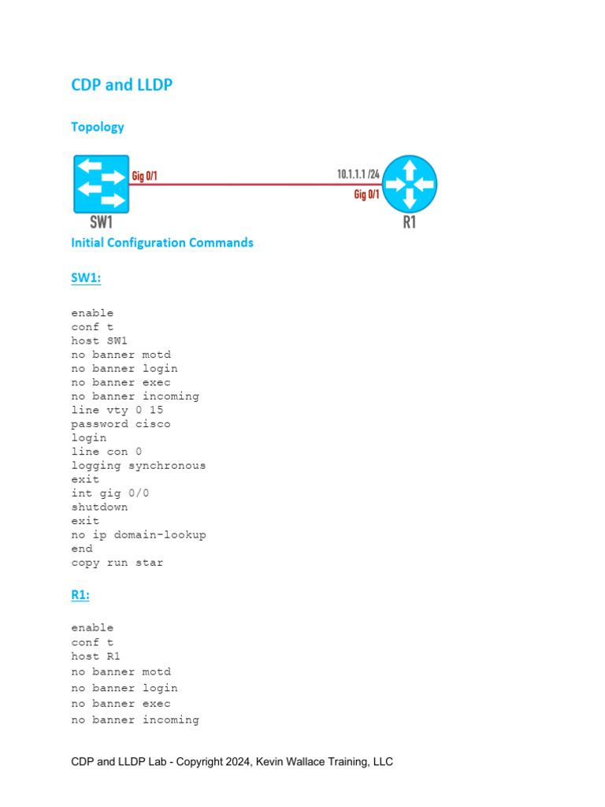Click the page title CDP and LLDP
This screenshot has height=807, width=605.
(x=121, y=85)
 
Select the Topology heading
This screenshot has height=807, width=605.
(x=98, y=127)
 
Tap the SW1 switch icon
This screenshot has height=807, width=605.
(x=101, y=184)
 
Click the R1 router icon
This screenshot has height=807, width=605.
(x=409, y=184)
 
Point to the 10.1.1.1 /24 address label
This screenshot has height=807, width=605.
(x=358, y=173)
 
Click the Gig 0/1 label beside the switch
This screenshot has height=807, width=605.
(x=144, y=176)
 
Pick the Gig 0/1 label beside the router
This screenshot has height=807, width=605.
(x=366, y=194)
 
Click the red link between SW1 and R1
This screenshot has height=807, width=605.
(x=252, y=184)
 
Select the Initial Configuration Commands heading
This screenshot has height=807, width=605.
(x=162, y=243)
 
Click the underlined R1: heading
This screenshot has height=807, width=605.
(x=80, y=595)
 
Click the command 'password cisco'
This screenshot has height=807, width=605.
(x=121, y=424)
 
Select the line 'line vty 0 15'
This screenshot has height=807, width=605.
(x=117, y=410)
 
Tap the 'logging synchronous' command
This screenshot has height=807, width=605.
(x=138, y=466)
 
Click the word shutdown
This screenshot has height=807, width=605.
(x=99, y=507)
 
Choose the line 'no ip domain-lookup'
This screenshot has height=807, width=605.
(x=138, y=534)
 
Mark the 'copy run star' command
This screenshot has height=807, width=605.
(x=117, y=563)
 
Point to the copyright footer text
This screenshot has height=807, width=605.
(x=232, y=761)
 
